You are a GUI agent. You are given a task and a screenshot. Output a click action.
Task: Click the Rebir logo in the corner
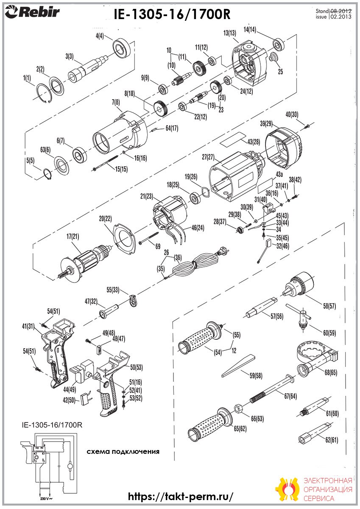coord(32,12)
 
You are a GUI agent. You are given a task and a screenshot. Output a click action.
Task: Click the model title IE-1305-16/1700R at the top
coord(172,14)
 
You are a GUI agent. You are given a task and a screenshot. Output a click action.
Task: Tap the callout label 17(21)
coord(73,237)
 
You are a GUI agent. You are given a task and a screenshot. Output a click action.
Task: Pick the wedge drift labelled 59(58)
coord(238,366)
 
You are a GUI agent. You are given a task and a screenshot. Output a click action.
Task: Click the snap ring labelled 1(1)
coord(44,94)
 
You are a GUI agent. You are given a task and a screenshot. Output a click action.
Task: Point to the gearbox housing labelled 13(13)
coord(249,63)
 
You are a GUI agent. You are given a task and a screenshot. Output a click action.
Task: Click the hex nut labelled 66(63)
coord(238,409)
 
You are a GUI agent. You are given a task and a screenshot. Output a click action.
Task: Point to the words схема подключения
coord(123,451)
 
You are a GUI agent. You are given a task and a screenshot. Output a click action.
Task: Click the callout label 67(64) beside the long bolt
coord(290,396)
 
